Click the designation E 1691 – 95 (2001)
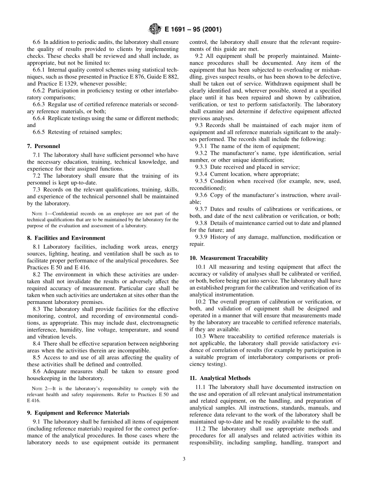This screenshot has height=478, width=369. [x=193, y=30]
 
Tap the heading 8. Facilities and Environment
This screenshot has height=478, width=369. [x=66, y=238]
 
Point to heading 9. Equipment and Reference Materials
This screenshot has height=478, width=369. [x=78, y=413]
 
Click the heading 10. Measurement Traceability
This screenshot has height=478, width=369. [x=228, y=258]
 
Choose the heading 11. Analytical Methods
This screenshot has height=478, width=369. [x=220, y=378]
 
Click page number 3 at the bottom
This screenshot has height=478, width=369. [x=184, y=459]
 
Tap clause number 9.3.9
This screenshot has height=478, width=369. [x=202, y=237]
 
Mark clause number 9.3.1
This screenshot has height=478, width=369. [x=202, y=146]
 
